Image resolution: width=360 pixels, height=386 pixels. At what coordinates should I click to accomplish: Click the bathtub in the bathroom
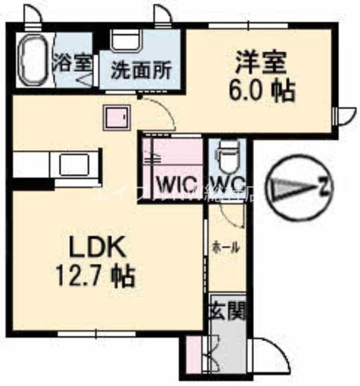pos(33,61)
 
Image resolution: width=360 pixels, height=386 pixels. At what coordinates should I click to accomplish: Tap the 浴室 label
pos(72,62)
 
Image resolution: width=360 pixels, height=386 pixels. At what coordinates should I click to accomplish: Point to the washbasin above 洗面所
pos(126,42)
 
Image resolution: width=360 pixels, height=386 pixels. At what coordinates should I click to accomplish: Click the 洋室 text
pos(259,62)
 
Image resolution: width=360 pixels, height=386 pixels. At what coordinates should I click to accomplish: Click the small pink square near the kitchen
pos(116,118)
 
